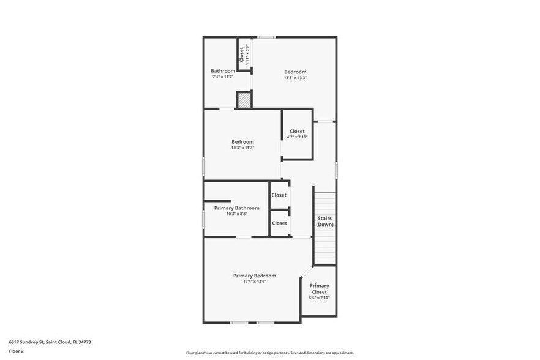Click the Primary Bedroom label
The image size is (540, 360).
(x=255, y=276)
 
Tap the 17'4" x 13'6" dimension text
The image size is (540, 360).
(x=255, y=282)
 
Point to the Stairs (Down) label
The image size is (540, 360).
(x=324, y=222)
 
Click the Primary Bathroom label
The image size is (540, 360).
(x=236, y=208)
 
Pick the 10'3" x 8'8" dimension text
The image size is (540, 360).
(x=236, y=214)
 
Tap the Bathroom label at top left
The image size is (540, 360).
(x=223, y=71)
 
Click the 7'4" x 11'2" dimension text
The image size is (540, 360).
(x=223, y=77)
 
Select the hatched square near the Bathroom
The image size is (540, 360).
(x=244, y=100)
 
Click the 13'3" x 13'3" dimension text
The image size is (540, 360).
(x=295, y=78)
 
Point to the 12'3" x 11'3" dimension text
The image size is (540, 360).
(x=242, y=148)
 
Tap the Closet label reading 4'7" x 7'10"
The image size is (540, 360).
(x=297, y=131)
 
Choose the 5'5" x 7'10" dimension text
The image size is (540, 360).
(x=319, y=298)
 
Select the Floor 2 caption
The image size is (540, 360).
(x=16, y=351)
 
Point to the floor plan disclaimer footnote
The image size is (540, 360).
(x=269, y=353)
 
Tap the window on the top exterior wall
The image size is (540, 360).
(x=265, y=37)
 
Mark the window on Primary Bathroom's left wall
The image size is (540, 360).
(x=204, y=218)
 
